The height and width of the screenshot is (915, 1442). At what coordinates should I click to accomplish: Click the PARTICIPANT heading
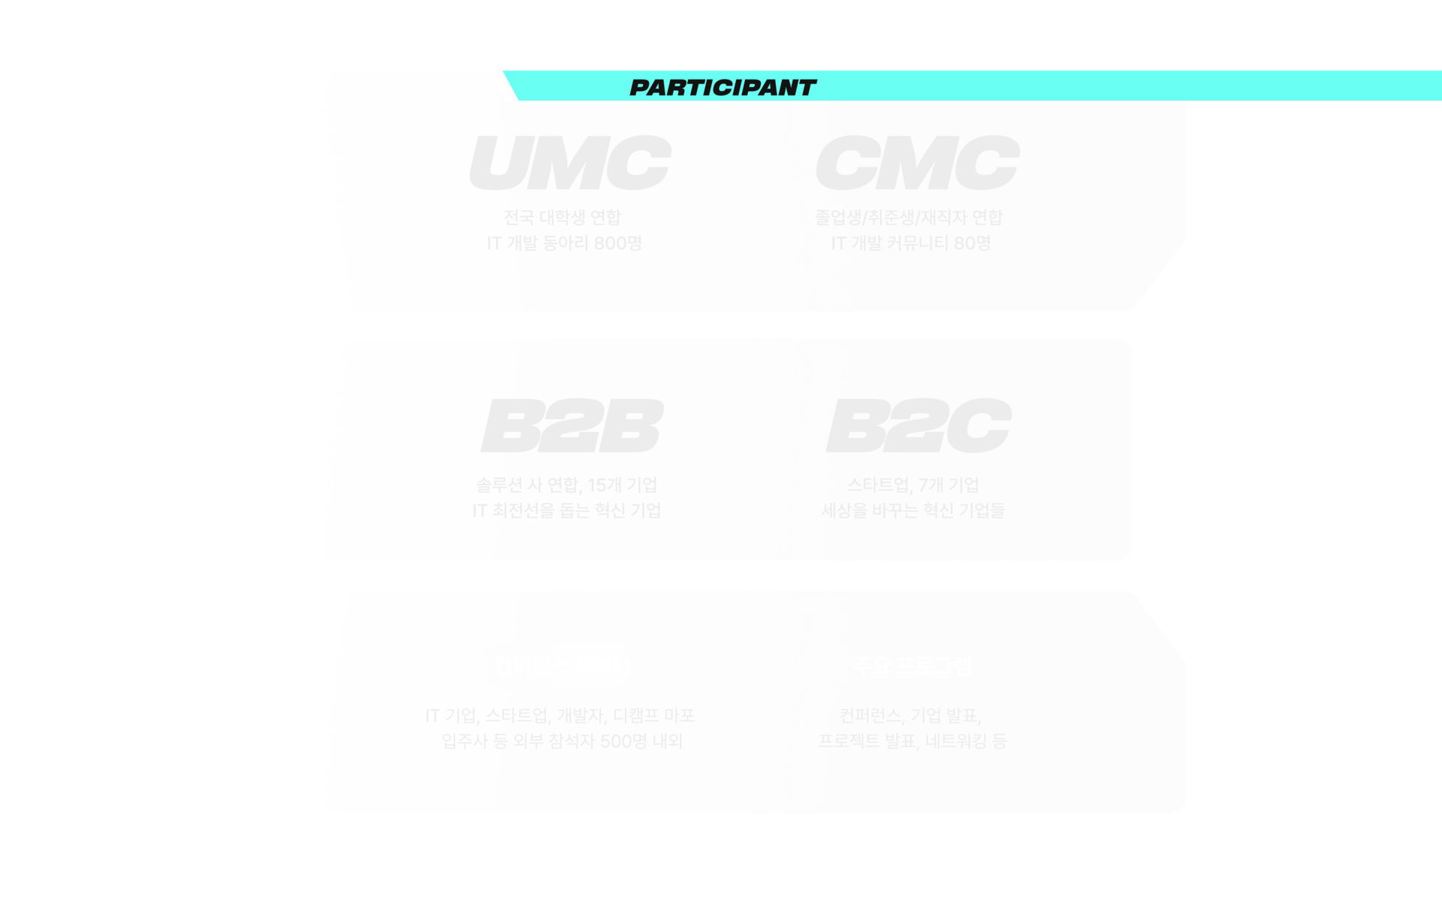723,88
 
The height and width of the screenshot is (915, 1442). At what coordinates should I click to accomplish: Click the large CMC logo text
917,163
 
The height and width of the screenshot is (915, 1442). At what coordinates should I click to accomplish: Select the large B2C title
918,426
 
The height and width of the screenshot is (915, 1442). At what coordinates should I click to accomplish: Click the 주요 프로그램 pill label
913,666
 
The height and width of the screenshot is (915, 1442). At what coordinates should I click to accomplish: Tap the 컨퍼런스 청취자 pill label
562,666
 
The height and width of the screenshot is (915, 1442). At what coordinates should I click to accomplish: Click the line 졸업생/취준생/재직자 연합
909,218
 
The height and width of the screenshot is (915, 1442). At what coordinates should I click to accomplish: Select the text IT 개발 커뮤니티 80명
910,243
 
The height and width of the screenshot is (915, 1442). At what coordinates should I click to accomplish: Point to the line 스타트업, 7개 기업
913,485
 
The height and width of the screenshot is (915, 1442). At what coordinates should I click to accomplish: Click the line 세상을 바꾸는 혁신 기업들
913,511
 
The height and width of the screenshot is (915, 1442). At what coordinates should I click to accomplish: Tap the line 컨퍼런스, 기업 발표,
910,715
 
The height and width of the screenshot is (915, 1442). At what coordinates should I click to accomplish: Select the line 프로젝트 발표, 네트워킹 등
913,741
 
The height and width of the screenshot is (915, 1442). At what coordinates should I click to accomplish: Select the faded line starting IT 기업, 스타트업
560,715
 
